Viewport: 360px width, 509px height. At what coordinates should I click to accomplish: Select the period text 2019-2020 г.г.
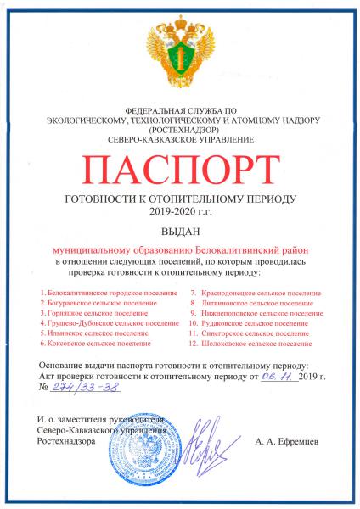180,210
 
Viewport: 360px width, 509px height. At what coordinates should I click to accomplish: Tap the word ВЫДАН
180,229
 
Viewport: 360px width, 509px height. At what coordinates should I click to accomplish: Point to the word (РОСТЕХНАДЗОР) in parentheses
180,130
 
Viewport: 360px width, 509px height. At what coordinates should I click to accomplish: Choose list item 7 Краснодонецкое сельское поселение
256,293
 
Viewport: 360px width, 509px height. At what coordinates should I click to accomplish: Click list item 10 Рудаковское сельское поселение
251,323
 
